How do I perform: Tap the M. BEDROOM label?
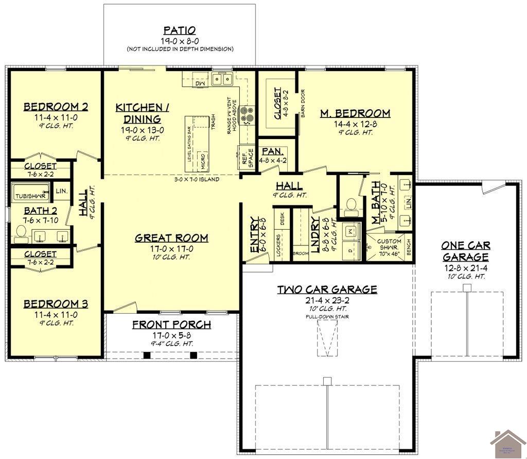[355, 113]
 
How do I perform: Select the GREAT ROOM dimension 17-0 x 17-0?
[172, 248]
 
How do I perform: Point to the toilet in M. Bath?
[352, 205]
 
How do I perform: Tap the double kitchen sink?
[222, 79]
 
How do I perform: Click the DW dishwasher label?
[200, 83]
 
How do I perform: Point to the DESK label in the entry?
[282, 219]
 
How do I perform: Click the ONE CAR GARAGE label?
[466, 251]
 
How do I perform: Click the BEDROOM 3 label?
[56, 304]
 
